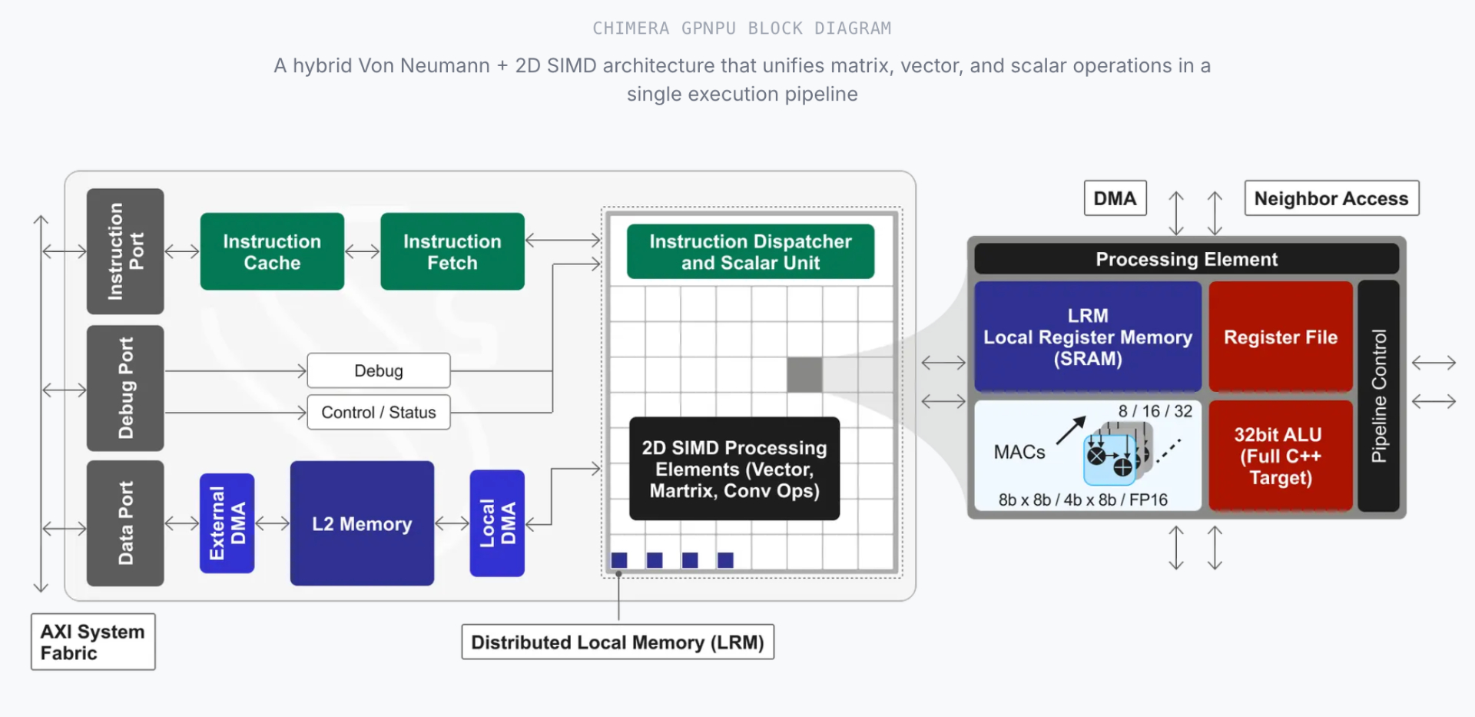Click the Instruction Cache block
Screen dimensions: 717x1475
point(272,251)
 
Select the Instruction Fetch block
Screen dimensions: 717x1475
point(452,251)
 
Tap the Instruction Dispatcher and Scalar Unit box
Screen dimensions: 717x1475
point(750,251)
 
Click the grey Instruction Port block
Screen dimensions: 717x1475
point(125,251)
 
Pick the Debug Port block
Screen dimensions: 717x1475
point(125,388)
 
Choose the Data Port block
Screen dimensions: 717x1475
point(125,523)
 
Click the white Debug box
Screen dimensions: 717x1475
point(379,370)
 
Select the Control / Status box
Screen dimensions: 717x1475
point(379,413)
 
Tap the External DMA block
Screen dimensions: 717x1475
point(227,523)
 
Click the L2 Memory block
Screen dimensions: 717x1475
point(362,523)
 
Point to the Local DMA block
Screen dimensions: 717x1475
point(497,523)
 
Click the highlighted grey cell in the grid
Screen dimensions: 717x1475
point(804,374)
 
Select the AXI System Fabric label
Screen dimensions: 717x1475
point(93,642)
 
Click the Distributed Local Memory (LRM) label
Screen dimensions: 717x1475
point(618,642)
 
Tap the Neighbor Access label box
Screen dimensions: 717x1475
point(1331,198)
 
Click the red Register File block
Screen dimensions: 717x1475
point(1281,337)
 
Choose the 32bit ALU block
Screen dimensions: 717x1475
point(1281,456)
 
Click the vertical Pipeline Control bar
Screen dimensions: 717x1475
point(1379,396)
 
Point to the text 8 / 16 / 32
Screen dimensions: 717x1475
point(1155,411)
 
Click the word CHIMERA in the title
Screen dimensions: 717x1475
point(631,28)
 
